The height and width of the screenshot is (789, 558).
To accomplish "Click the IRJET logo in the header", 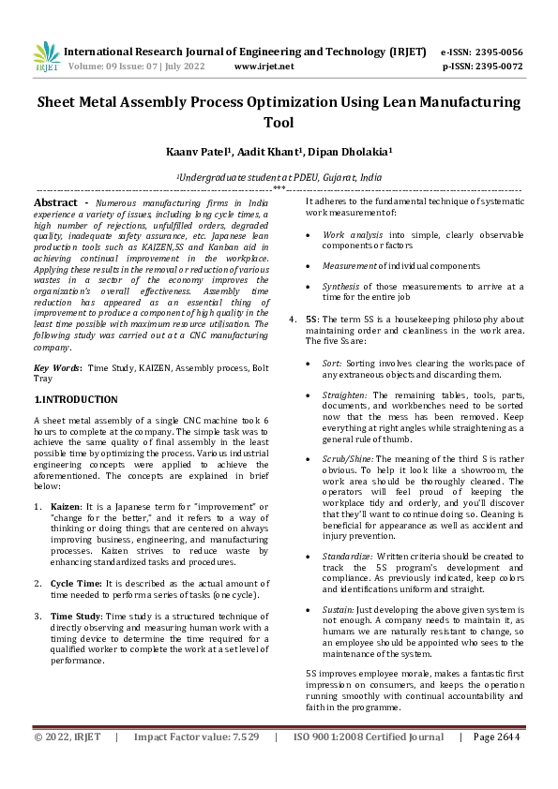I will click(47, 58).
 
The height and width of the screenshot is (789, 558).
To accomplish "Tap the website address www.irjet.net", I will click(264, 67).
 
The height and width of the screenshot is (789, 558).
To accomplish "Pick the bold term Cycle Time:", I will click(78, 584).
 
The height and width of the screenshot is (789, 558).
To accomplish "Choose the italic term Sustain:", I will click(339, 609).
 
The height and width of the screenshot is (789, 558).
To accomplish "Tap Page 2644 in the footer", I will click(496, 737).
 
